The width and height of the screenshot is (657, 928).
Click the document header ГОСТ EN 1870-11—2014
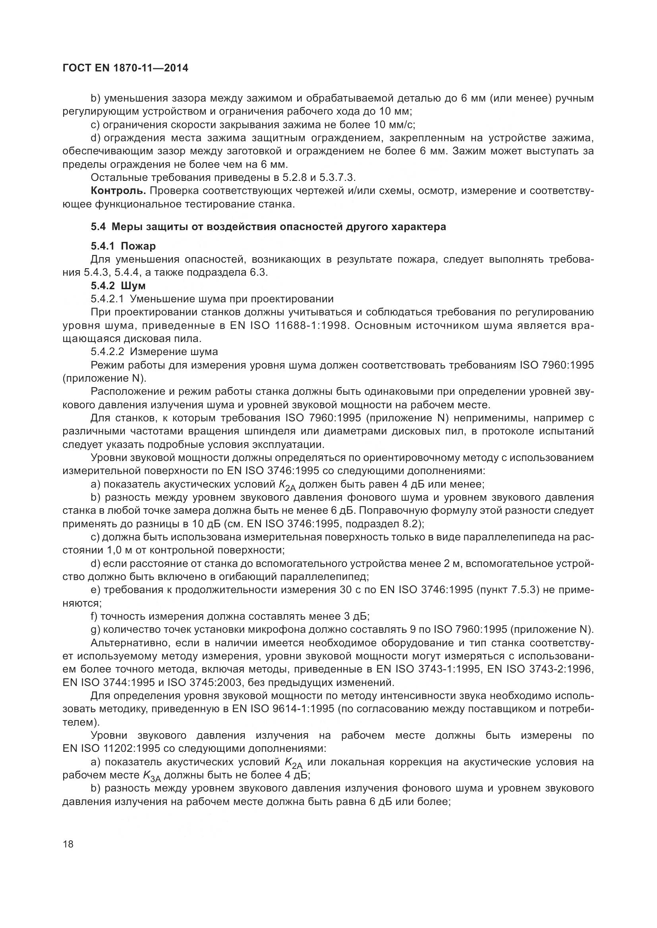(x=126, y=68)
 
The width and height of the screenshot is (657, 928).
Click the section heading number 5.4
(x=98, y=227)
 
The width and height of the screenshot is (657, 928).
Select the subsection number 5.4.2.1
(x=107, y=299)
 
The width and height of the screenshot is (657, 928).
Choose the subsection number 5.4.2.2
(x=107, y=352)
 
